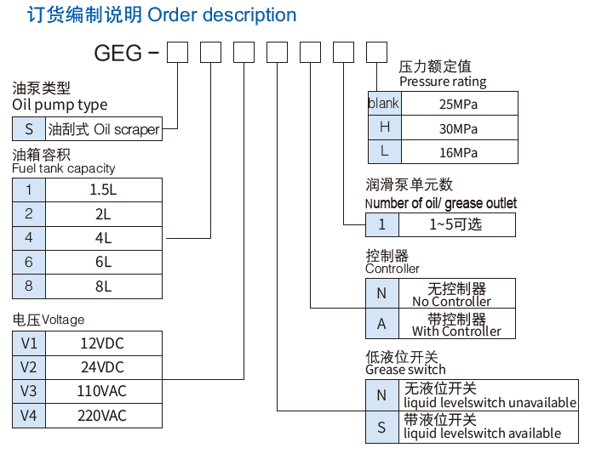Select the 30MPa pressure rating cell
(x=458, y=129)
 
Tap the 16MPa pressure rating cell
(x=458, y=153)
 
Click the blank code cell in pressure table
(x=383, y=104)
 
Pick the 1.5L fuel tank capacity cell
(x=103, y=190)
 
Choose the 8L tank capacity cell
(x=103, y=286)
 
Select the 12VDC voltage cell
(x=103, y=343)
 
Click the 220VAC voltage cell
(x=103, y=416)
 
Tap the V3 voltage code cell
(x=29, y=392)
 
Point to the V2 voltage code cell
(x=29, y=367)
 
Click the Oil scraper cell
(x=103, y=129)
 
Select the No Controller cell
(x=456, y=294)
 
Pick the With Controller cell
(x=456, y=325)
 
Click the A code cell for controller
(x=381, y=324)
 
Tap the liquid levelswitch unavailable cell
(x=490, y=395)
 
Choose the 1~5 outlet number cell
(x=456, y=224)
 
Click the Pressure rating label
(x=442, y=82)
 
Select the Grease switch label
(x=405, y=370)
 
